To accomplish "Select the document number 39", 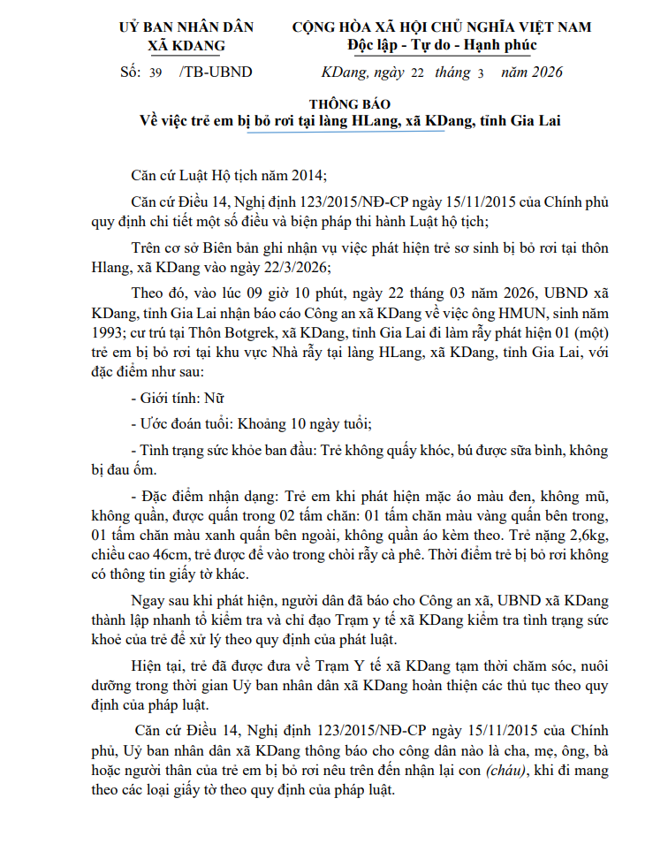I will click(156, 73).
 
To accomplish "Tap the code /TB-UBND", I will click(215, 72).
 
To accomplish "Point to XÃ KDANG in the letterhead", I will click(186, 45).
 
